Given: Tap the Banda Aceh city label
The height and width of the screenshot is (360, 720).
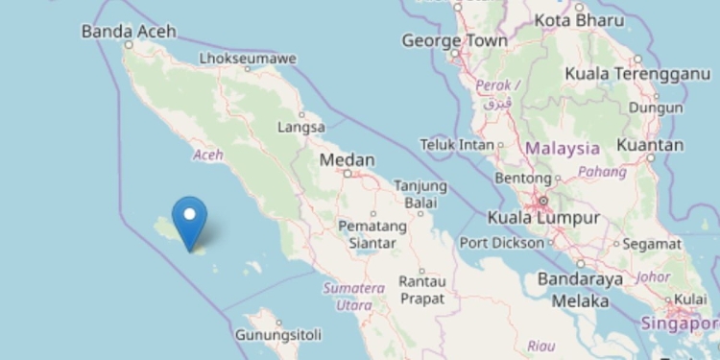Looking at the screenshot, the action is [x=129, y=32].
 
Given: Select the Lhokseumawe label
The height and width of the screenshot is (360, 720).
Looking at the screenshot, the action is [x=248, y=59].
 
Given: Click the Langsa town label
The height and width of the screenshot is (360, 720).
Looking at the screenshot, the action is [x=300, y=127].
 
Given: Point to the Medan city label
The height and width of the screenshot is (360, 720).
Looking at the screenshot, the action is [x=347, y=160].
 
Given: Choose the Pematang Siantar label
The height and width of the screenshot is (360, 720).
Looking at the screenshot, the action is [x=367, y=234].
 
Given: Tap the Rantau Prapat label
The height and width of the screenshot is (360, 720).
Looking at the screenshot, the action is [x=421, y=290].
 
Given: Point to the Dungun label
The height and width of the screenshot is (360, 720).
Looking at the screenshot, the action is [x=656, y=108].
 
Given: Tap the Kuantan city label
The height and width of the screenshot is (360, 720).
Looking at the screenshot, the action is [x=651, y=145].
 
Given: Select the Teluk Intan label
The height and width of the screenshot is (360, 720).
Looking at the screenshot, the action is [x=458, y=144].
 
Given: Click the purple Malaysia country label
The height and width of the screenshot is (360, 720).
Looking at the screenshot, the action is [x=562, y=149].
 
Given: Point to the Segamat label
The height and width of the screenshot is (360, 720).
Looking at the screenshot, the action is [x=652, y=244].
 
